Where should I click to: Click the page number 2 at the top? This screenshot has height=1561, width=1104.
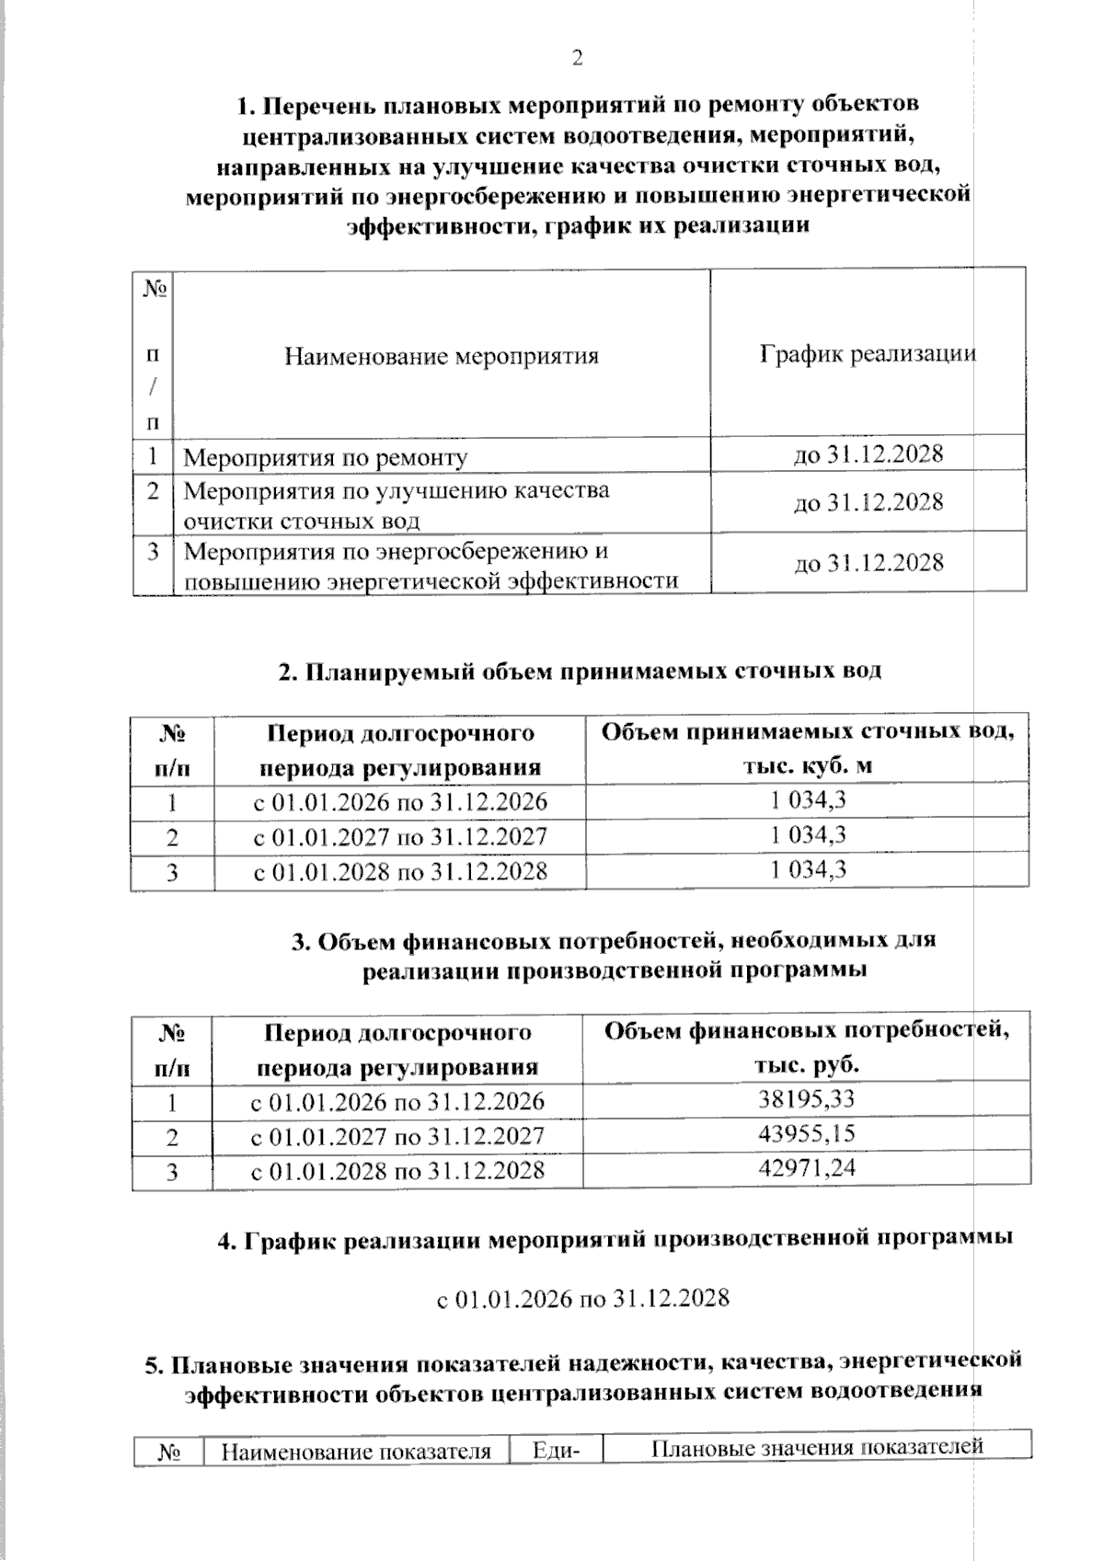click(x=577, y=59)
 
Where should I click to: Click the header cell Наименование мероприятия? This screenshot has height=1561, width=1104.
click(x=441, y=356)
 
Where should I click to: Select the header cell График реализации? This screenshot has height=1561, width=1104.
click(x=868, y=354)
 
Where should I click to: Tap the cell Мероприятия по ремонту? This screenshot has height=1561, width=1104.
click(x=326, y=457)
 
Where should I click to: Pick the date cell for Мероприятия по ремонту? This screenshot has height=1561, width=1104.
click(x=868, y=454)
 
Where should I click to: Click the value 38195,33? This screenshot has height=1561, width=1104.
click(x=807, y=1098)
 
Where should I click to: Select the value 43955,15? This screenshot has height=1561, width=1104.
click(x=807, y=1133)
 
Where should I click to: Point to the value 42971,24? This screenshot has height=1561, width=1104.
click(x=807, y=1168)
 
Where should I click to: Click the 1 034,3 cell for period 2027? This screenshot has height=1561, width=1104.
click(x=808, y=835)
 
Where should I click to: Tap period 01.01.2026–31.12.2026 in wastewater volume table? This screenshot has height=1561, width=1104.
click(x=400, y=802)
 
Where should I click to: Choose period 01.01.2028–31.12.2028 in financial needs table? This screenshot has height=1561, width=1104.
click(x=397, y=1170)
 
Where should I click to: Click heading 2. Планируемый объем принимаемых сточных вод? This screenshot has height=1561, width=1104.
click(x=580, y=671)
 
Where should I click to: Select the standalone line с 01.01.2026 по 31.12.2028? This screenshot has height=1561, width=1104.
click(x=582, y=1299)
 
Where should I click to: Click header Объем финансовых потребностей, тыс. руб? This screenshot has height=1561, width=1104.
click(x=806, y=1048)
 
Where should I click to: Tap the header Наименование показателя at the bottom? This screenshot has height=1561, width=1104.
click(x=356, y=1452)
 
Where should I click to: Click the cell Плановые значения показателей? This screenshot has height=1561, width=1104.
click(x=817, y=1447)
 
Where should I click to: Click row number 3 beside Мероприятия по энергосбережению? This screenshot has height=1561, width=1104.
click(x=153, y=552)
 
